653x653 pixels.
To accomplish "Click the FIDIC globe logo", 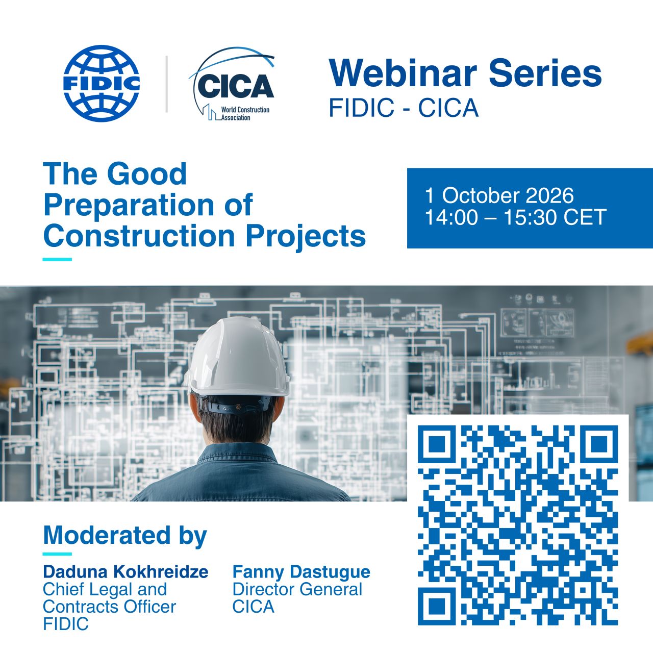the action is [x=102, y=83].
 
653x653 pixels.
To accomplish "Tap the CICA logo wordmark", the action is [x=236, y=86].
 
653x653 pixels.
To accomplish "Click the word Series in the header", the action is [x=545, y=73].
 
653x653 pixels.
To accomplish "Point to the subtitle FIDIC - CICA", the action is [x=404, y=108].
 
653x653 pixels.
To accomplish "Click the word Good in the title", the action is [x=147, y=173].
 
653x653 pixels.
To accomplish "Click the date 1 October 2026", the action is [x=499, y=195].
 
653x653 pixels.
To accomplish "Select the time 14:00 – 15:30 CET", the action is [x=515, y=217].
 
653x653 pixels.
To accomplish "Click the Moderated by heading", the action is [x=125, y=536].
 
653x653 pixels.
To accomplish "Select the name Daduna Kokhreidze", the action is [x=125, y=572].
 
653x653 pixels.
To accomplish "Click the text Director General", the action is [x=297, y=590].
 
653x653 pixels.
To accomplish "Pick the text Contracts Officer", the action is [x=110, y=607].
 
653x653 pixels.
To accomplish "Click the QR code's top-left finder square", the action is [x=437, y=444].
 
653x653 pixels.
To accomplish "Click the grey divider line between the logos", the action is [x=166, y=84].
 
